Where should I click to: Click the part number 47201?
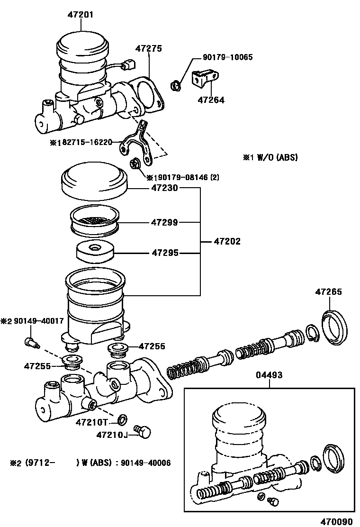[x=81, y=15]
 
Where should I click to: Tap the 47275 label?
[x=149, y=48]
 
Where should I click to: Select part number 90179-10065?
[x=228, y=57]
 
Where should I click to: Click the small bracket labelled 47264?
[x=205, y=79]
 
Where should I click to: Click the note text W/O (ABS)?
[x=278, y=157]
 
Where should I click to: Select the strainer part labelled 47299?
[x=95, y=220]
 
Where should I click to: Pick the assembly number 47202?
[x=227, y=241]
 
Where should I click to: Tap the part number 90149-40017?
[x=38, y=321]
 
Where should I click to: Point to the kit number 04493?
[x=269, y=375]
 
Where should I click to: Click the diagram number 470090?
[x=337, y=522]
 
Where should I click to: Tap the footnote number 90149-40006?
[x=145, y=463]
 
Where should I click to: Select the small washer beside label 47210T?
[x=123, y=419]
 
